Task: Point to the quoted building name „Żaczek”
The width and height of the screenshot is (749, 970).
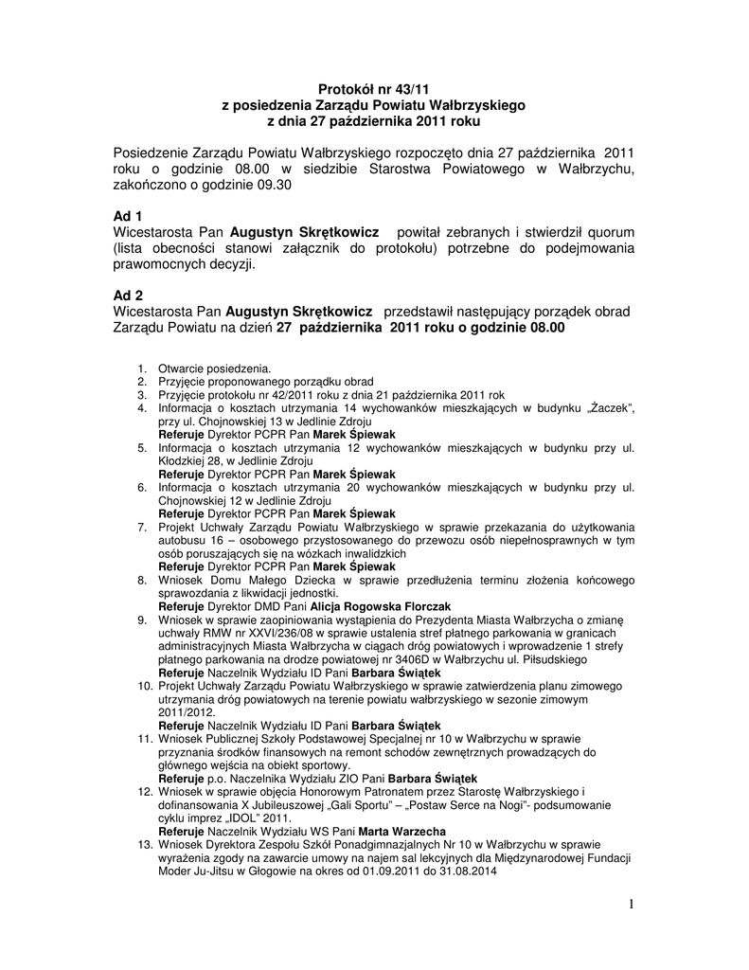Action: [611, 408]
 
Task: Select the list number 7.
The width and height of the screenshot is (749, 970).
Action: [142, 526]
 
